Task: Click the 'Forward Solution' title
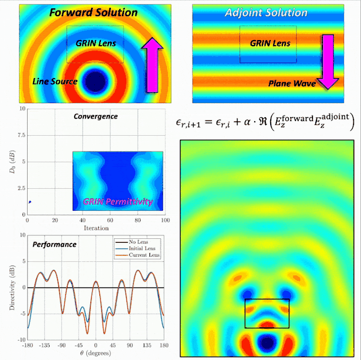click(x=94, y=12)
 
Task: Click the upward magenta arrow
click(x=152, y=65)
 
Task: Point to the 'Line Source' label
click(x=55, y=81)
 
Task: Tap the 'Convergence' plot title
click(x=95, y=116)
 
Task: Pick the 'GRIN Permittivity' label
click(x=118, y=202)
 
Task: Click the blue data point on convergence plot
click(x=30, y=202)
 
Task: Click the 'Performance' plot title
click(x=54, y=244)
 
